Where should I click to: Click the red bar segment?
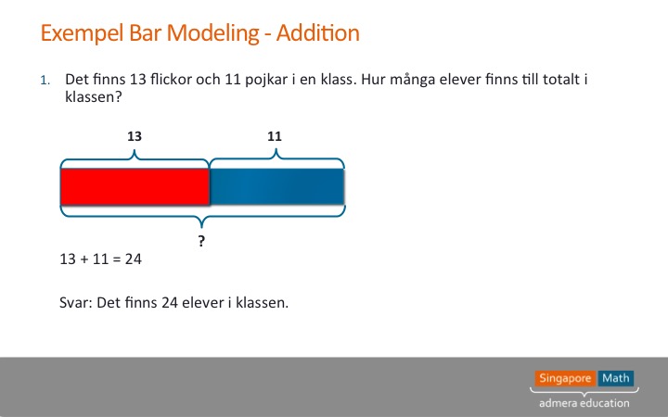tap(135, 186)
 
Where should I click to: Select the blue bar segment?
tap(276, 186)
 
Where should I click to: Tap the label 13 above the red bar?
tap(135, 136)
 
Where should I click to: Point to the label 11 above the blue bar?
tap(275, 136)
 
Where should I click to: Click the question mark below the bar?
tap(201, 241)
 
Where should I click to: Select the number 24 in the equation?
tap(134, 259)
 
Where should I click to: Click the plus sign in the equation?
tap(84, 259)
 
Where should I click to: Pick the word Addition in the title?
tap(318, 32)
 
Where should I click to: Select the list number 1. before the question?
tap(45, 80)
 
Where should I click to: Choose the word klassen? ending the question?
tap(94, 97)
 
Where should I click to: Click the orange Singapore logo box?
tap(565, 378)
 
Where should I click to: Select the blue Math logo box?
tap(616, 378)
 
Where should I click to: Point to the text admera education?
tap(584, 403)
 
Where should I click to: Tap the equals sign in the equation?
tap(116, 259)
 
